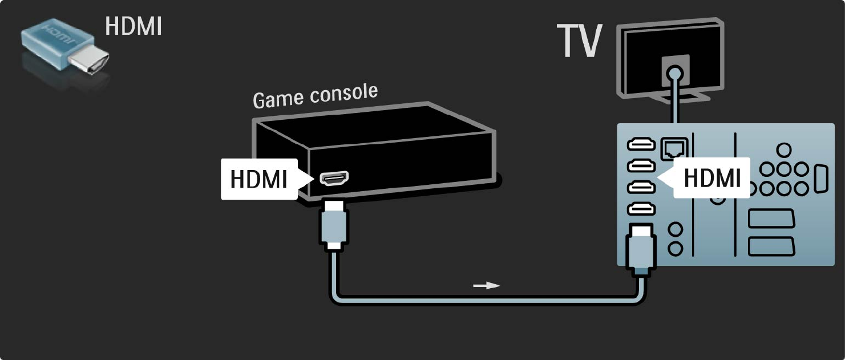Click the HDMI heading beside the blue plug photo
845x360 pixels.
coord(134,26)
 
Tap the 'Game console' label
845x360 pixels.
coord(315,96)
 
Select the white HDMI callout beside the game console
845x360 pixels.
coord(259,179)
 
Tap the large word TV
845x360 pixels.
coord(580,42)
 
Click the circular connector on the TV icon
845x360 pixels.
coord(675,74)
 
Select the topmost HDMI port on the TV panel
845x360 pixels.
coord(641,145)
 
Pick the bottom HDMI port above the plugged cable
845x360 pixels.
coord(641,209)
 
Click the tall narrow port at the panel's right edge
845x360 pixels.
coord(820,179)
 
